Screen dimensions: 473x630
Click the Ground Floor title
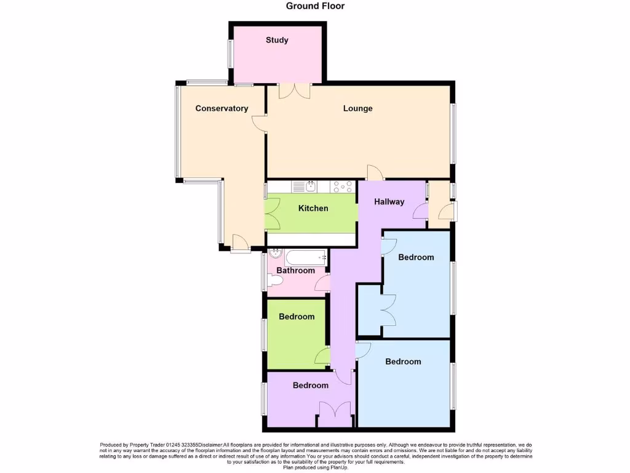click(x=315, y=6)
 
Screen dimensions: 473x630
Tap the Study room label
click(x=277, y=40)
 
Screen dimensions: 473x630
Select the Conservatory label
click(x=221, y=108)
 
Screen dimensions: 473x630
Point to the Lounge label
click(x=357, y=108)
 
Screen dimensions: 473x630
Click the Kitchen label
click(x=313, y=208)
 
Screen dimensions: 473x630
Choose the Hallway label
click(x=389, y=201)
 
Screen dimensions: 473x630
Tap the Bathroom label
click(x=295, y=270)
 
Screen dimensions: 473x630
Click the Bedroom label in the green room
click(x=297, y=317)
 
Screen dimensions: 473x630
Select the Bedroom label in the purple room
click(x=310, y=386)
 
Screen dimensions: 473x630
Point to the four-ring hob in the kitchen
click(x=342, y=185)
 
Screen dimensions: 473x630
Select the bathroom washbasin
click(x=275, y=253)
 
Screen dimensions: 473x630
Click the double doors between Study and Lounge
click(x=294, y=91)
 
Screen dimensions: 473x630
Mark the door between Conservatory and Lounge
click(x=261, y=123)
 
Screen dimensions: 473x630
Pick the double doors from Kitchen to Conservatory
click(x=272, y=214)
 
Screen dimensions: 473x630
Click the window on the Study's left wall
click(x=231, y=54)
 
